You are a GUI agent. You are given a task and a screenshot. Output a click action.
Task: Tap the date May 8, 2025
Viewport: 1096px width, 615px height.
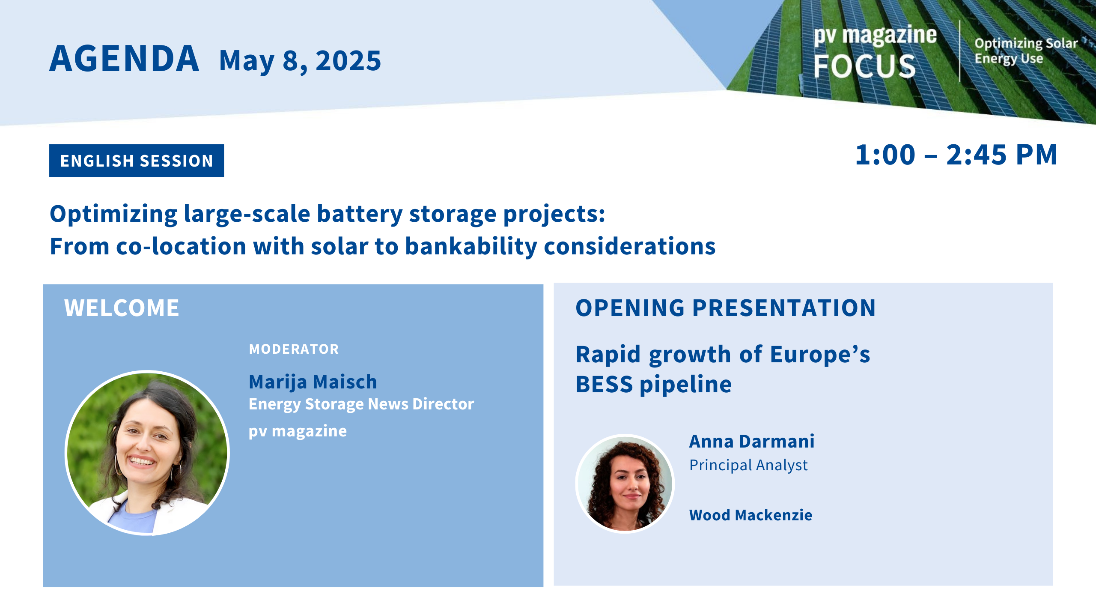(300, 61)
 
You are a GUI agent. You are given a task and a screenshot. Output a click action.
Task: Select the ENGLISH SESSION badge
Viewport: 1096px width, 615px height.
(137, 161)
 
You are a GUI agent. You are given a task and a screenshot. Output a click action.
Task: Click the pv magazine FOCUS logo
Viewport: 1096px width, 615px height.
(875, 52)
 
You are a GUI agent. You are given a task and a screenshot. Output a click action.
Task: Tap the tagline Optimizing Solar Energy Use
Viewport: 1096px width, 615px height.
(1026, 51)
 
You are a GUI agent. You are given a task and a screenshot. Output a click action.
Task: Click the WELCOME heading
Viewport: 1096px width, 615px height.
(122, 308)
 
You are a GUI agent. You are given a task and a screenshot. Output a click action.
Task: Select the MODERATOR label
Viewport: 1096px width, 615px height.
(294, 349)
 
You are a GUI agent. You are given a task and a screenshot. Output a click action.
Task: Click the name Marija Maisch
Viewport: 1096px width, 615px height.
(313, 382)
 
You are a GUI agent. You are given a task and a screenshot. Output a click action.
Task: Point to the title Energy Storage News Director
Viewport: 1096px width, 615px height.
(361, 404)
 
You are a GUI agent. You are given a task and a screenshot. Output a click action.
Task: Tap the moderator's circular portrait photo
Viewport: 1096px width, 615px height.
(147, 453)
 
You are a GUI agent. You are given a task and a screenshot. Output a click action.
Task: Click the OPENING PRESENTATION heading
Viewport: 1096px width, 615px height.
(726, 308)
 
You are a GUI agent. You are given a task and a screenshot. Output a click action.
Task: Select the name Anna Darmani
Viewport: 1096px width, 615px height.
(752, 441)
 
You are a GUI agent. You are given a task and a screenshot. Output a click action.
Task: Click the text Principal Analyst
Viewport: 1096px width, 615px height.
(748, 465)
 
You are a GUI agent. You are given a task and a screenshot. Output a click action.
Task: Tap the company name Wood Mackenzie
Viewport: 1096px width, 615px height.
(751, 515)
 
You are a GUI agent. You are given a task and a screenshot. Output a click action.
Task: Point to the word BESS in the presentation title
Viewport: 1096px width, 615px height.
(604, 384)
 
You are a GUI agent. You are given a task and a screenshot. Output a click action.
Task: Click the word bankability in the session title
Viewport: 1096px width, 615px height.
(471, 247)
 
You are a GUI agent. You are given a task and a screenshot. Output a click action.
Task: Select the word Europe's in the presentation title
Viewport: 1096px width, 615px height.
(820, 354)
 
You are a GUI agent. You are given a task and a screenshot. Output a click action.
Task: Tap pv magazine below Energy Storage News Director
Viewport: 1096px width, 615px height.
(298, 431)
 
